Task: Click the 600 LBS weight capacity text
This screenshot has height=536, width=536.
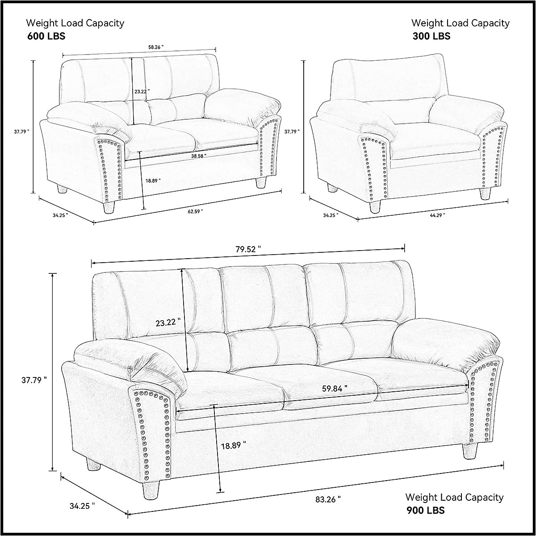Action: pos(46,36)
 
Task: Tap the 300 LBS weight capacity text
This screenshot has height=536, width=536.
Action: pos(431,36)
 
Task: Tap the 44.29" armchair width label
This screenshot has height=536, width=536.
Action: pos(437,215)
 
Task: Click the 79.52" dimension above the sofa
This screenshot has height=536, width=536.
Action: pos(248,249)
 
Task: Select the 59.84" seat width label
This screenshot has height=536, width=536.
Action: pos(335,389)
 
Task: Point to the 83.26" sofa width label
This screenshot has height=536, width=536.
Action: pos(328,499)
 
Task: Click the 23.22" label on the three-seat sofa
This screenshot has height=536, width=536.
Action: pos(168,322)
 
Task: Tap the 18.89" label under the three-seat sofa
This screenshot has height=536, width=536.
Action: pos(234,445)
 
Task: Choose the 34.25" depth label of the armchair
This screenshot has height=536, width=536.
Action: pos(331,215)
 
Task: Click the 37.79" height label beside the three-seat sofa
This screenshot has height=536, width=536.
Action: pos(34,381)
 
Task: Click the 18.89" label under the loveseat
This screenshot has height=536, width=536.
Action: pos(153,180)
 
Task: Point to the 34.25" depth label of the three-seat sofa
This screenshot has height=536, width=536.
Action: pos(83,506)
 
